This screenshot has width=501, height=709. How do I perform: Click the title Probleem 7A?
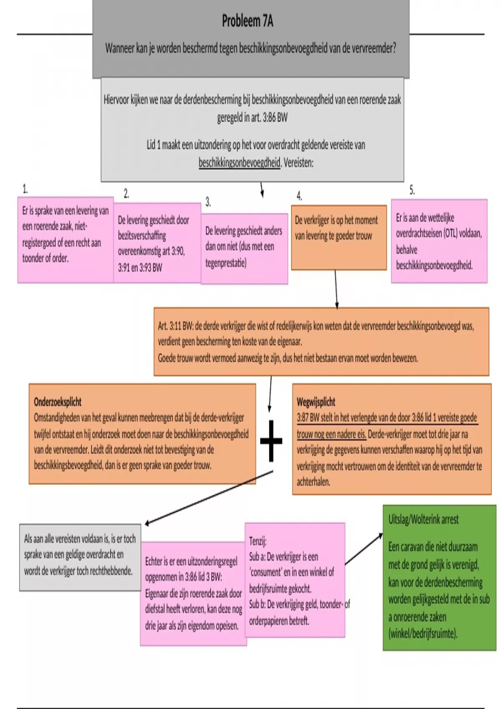[x=247, y=21]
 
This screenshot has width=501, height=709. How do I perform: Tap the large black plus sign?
[x=271, y=441]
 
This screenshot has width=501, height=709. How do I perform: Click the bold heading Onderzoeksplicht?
[x=58, y=402]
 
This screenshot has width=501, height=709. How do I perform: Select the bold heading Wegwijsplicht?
[x=316, y=402]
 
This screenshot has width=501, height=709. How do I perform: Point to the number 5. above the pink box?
[x=412, y=190]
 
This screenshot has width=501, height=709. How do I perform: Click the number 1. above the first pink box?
[x=25, y=189]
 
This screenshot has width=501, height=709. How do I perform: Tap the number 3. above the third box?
[x=208, y=202]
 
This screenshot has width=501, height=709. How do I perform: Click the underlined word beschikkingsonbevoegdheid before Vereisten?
[x=239, y=163]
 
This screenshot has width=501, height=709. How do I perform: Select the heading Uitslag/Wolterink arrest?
[x=423, y=520]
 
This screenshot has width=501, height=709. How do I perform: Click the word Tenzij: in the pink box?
[x=258, y=541]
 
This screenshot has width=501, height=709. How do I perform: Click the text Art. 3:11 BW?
[x=175, y=326]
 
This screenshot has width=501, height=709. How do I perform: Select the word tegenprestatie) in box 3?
[x=226, y=263]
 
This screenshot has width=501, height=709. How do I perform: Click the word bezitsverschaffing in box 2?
[x=142, y=236]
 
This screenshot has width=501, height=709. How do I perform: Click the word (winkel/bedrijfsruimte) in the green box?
[x=423, y=634]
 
